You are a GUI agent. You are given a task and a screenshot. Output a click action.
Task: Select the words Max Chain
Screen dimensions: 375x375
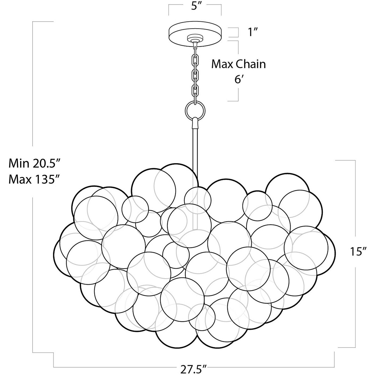pos(239,64)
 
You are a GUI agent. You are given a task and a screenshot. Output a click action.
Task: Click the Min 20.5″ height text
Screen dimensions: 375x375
pos(33,163)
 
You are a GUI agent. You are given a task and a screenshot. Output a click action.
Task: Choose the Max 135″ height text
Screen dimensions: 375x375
pos(33,179)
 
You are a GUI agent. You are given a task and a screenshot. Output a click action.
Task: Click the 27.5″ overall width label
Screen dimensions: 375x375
pos(194,370)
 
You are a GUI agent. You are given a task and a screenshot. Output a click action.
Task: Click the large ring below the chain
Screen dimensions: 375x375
pos(195,110)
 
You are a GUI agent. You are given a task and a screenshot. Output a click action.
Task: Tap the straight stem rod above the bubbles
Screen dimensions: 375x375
pos(194,150)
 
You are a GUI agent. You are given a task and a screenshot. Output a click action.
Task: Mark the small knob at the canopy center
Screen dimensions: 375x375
pos(195,38)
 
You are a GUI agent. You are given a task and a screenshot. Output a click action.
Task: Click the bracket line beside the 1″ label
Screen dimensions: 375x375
pos(237,32)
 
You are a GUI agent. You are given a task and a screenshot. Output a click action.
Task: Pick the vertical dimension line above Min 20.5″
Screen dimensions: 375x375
pos(33,83)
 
